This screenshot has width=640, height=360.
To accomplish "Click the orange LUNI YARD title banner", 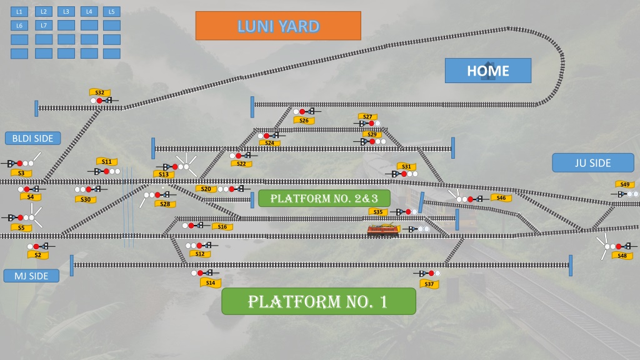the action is pos(278,26).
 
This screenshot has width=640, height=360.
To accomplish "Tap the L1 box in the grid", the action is pos(19,12).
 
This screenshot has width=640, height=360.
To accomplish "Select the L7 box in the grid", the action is pos(44,25).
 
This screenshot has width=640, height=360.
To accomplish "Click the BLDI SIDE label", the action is pos(32,138).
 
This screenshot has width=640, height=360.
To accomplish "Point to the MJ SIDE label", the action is pos(31,276).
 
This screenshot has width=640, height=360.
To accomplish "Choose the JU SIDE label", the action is pos(592,163).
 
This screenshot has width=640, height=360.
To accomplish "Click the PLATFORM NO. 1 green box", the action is pos(318,301).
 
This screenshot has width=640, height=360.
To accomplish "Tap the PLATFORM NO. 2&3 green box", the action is pos(324,198).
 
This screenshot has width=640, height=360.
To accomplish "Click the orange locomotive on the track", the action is pos(383,230).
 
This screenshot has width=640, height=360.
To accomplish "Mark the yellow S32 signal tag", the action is pos(99,92).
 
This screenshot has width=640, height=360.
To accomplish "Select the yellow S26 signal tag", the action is pos(304,121).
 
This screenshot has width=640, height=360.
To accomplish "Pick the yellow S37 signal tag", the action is pos(429,284).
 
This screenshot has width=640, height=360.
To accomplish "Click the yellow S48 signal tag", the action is pos(622,256).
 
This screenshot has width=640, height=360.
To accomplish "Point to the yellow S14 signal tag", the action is pos(211,282).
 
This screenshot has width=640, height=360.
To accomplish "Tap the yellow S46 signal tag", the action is pos(501,198).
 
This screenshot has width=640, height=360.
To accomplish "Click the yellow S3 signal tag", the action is pos(21,173).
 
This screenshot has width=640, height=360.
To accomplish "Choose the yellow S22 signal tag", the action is pos(241,164).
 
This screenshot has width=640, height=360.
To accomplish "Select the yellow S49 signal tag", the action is pos(625,184).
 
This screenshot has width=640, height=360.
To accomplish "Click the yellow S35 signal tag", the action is pos(378,212).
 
